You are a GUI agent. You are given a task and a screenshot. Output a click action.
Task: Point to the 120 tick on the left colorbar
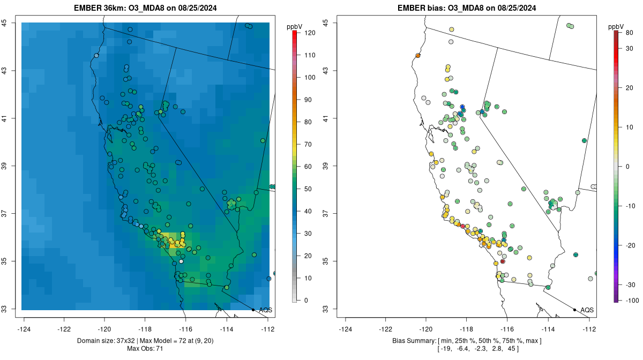(x=310, y=33)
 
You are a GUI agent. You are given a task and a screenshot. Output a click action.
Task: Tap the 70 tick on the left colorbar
(x=309, y=144)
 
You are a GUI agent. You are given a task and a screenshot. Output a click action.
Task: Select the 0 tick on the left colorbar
(x=306, y=301)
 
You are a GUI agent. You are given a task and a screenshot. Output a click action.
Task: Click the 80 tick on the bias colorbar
(x=629, y=33)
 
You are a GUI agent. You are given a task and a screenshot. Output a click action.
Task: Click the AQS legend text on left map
(x=265, y=310)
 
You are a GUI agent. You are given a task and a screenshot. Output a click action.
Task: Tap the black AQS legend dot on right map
(x=574, y=310)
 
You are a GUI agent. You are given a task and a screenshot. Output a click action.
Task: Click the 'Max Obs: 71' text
(x=145, y=349)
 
